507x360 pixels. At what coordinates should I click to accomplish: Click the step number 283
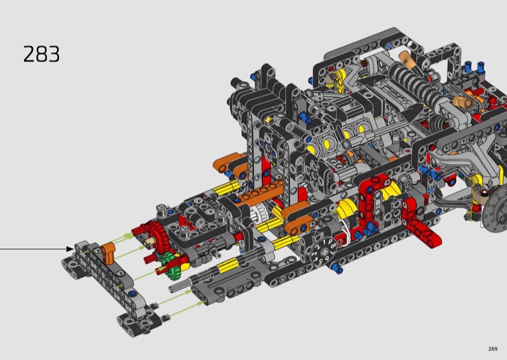[41, 54]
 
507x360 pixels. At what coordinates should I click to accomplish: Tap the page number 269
[493, 349]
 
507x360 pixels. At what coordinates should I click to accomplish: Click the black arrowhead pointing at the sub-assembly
[70, 248]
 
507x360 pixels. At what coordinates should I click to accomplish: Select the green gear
[169, 265]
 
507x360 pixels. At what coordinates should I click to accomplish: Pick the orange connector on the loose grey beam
[108, 253]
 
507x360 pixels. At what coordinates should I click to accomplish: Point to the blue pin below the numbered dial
[337, 268]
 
